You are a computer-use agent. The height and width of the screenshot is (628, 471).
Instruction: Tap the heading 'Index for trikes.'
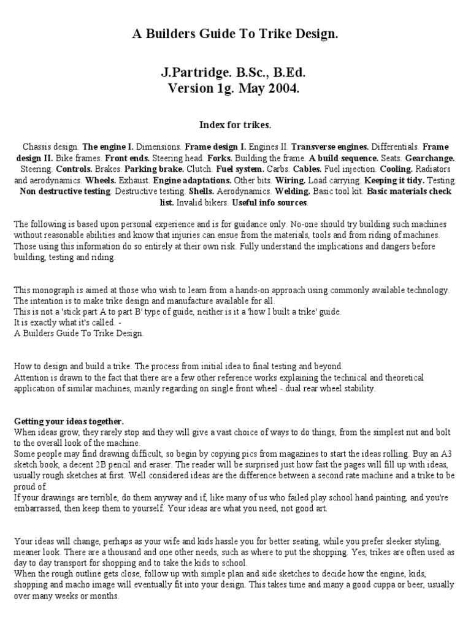coord(235,124)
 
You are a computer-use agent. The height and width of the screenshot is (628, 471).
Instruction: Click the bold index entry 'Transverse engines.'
coord(330,147)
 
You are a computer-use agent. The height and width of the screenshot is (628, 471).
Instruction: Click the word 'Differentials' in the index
coord(397,147)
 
